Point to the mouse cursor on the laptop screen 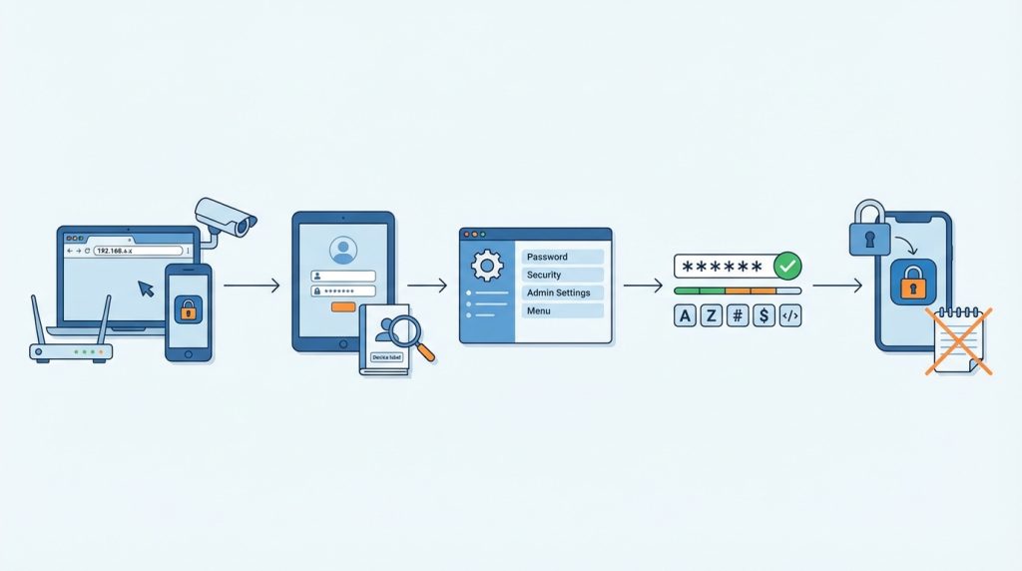coord(147,288)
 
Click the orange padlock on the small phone coord(188,310)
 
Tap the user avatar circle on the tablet coord(342,250)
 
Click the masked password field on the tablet coord(343,291)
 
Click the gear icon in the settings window coord(487,266)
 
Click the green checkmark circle coord(788,266)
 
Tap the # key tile coord(738,316)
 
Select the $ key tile coord(764,316)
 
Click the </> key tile coord(789,316)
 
